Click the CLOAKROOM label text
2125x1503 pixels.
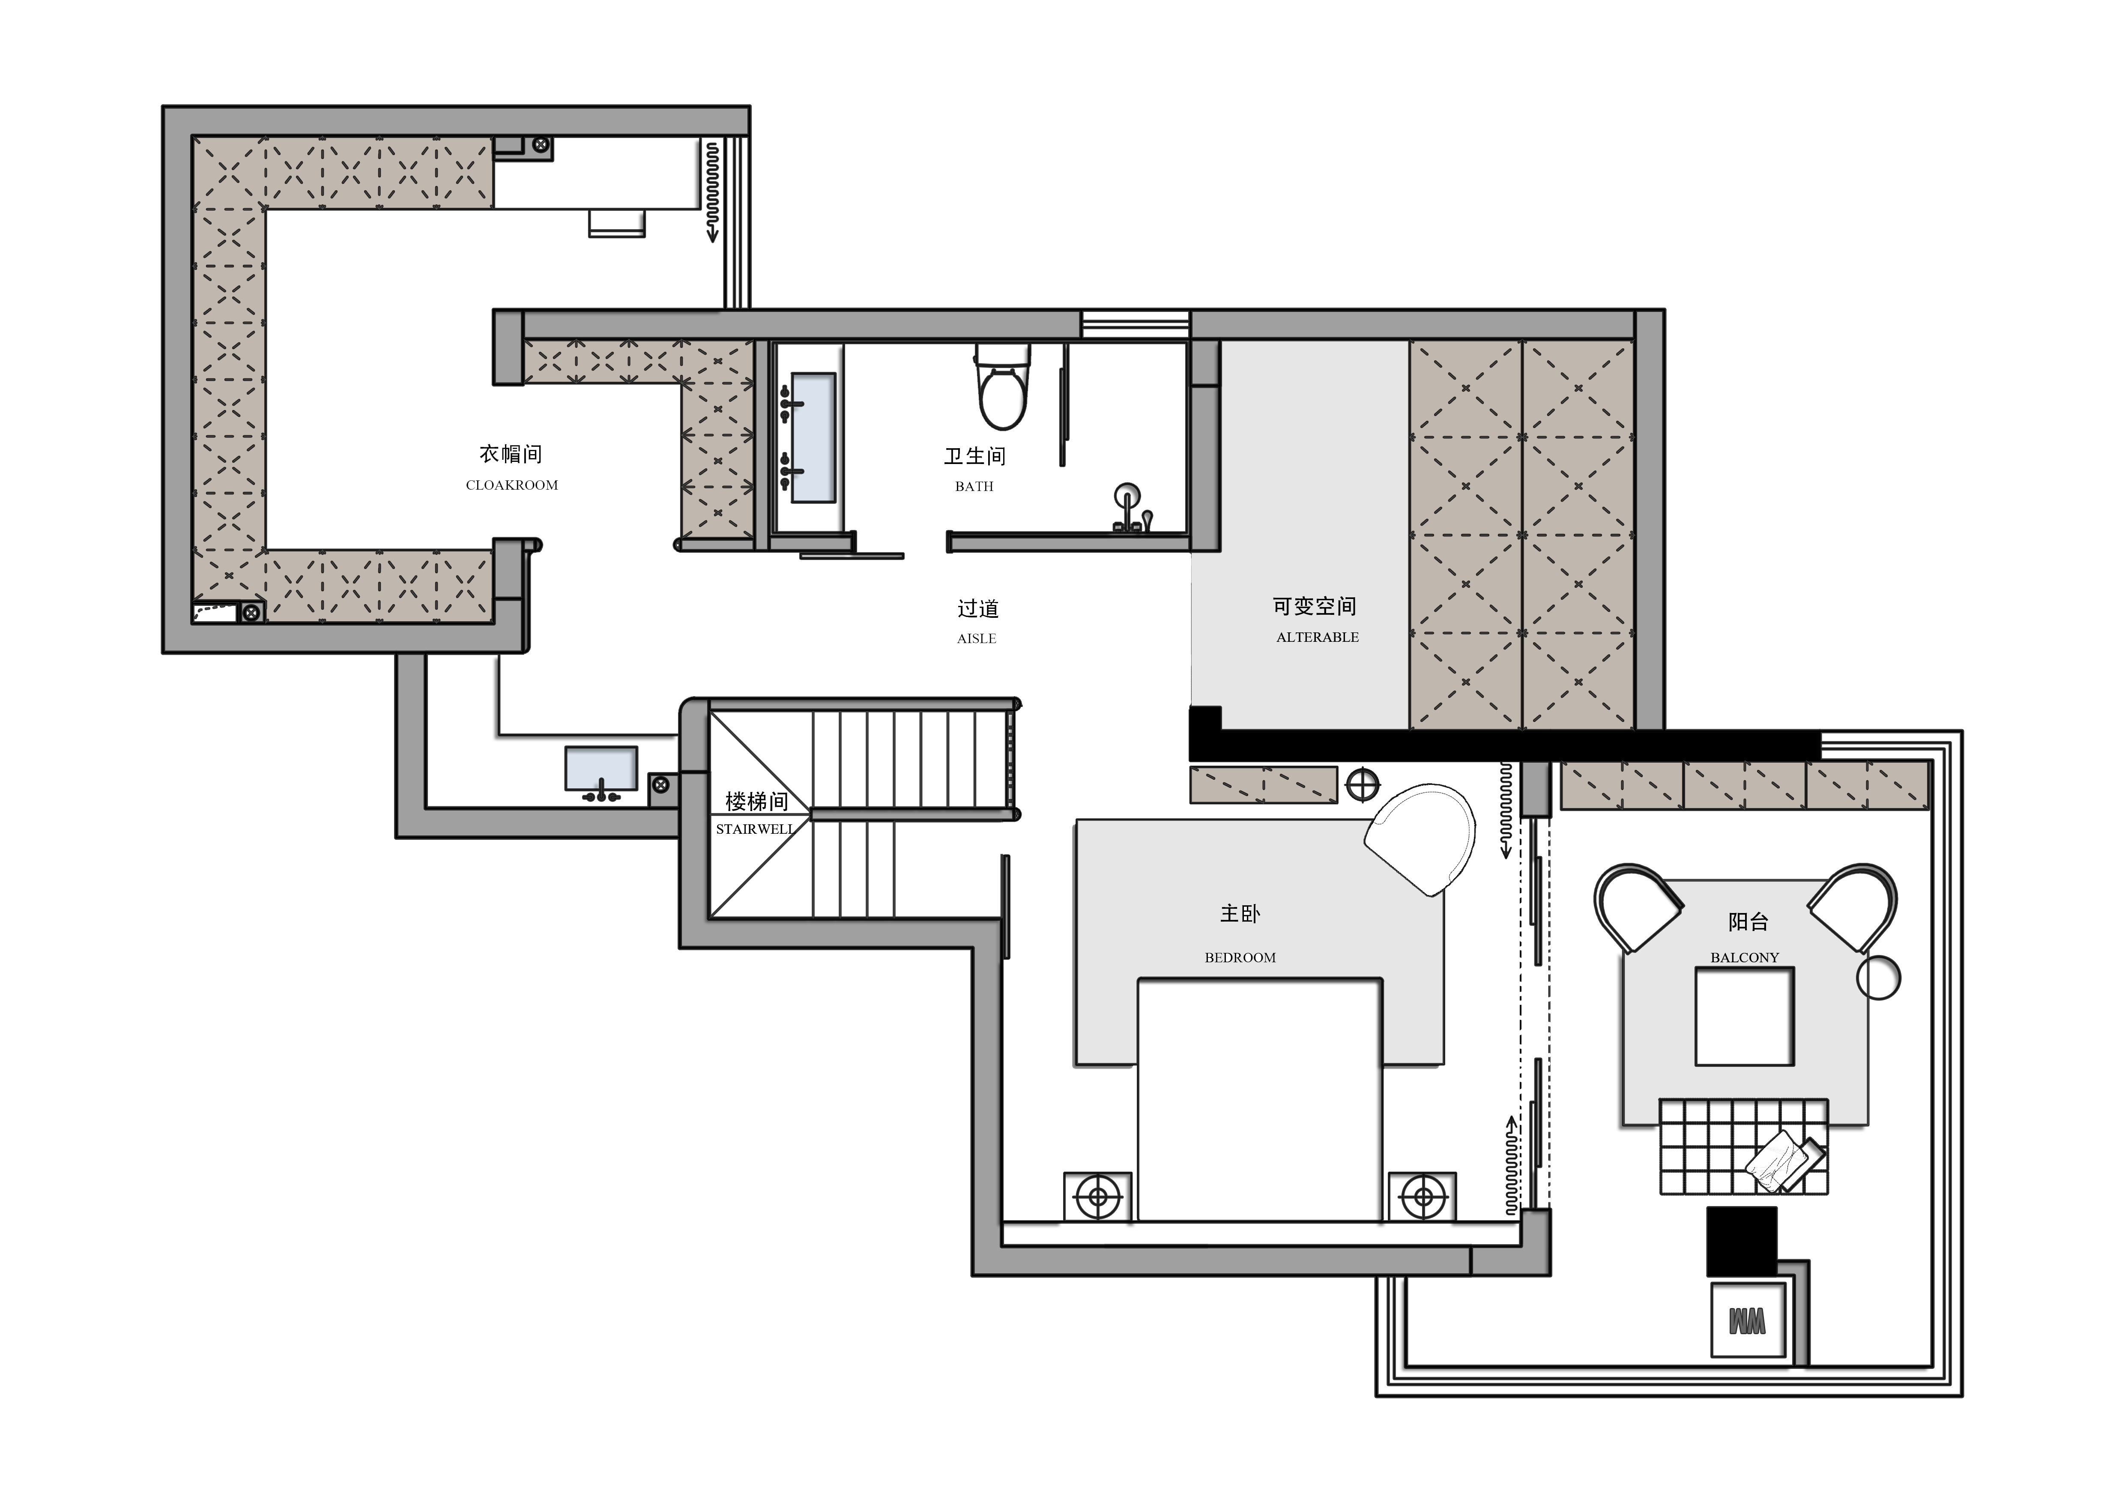click(512, 485)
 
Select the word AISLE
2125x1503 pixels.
click(977, 638)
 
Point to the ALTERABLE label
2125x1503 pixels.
click(1317, 638)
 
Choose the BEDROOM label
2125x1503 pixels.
click(1240, 958)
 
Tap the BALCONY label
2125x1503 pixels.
click(1745, 958)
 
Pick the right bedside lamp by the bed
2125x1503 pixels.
click(1423, 1198)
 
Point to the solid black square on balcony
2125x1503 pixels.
click(1742, 1241)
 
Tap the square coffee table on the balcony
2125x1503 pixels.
click(1745, 1016)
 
